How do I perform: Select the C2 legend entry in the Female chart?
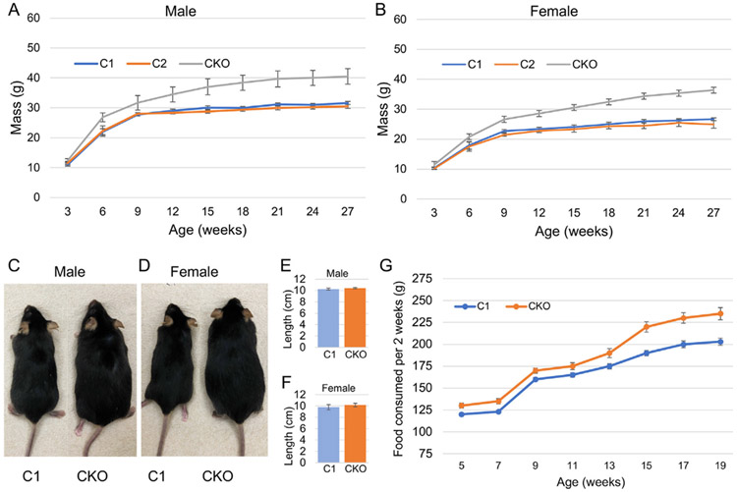click(x=540, y=62)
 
